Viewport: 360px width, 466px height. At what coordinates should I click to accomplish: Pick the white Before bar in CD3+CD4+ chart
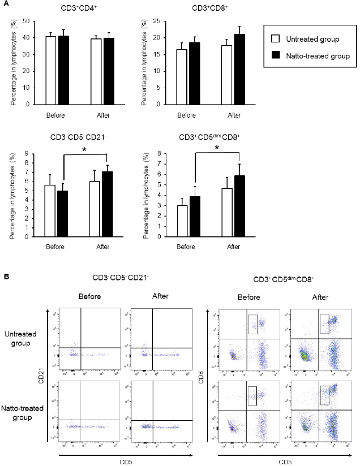tap(50, 70)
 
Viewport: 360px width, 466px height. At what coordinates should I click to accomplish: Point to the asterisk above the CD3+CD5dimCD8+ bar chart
tap(216, 148)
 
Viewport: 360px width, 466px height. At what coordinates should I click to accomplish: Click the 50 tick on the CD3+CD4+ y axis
tap(26, 21)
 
